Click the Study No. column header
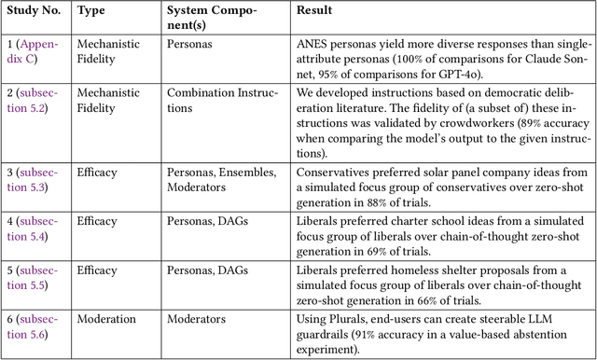coord(35,11)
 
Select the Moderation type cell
coord(107,319)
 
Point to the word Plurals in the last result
coord(350,319)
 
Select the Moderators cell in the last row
coord(196,319)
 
